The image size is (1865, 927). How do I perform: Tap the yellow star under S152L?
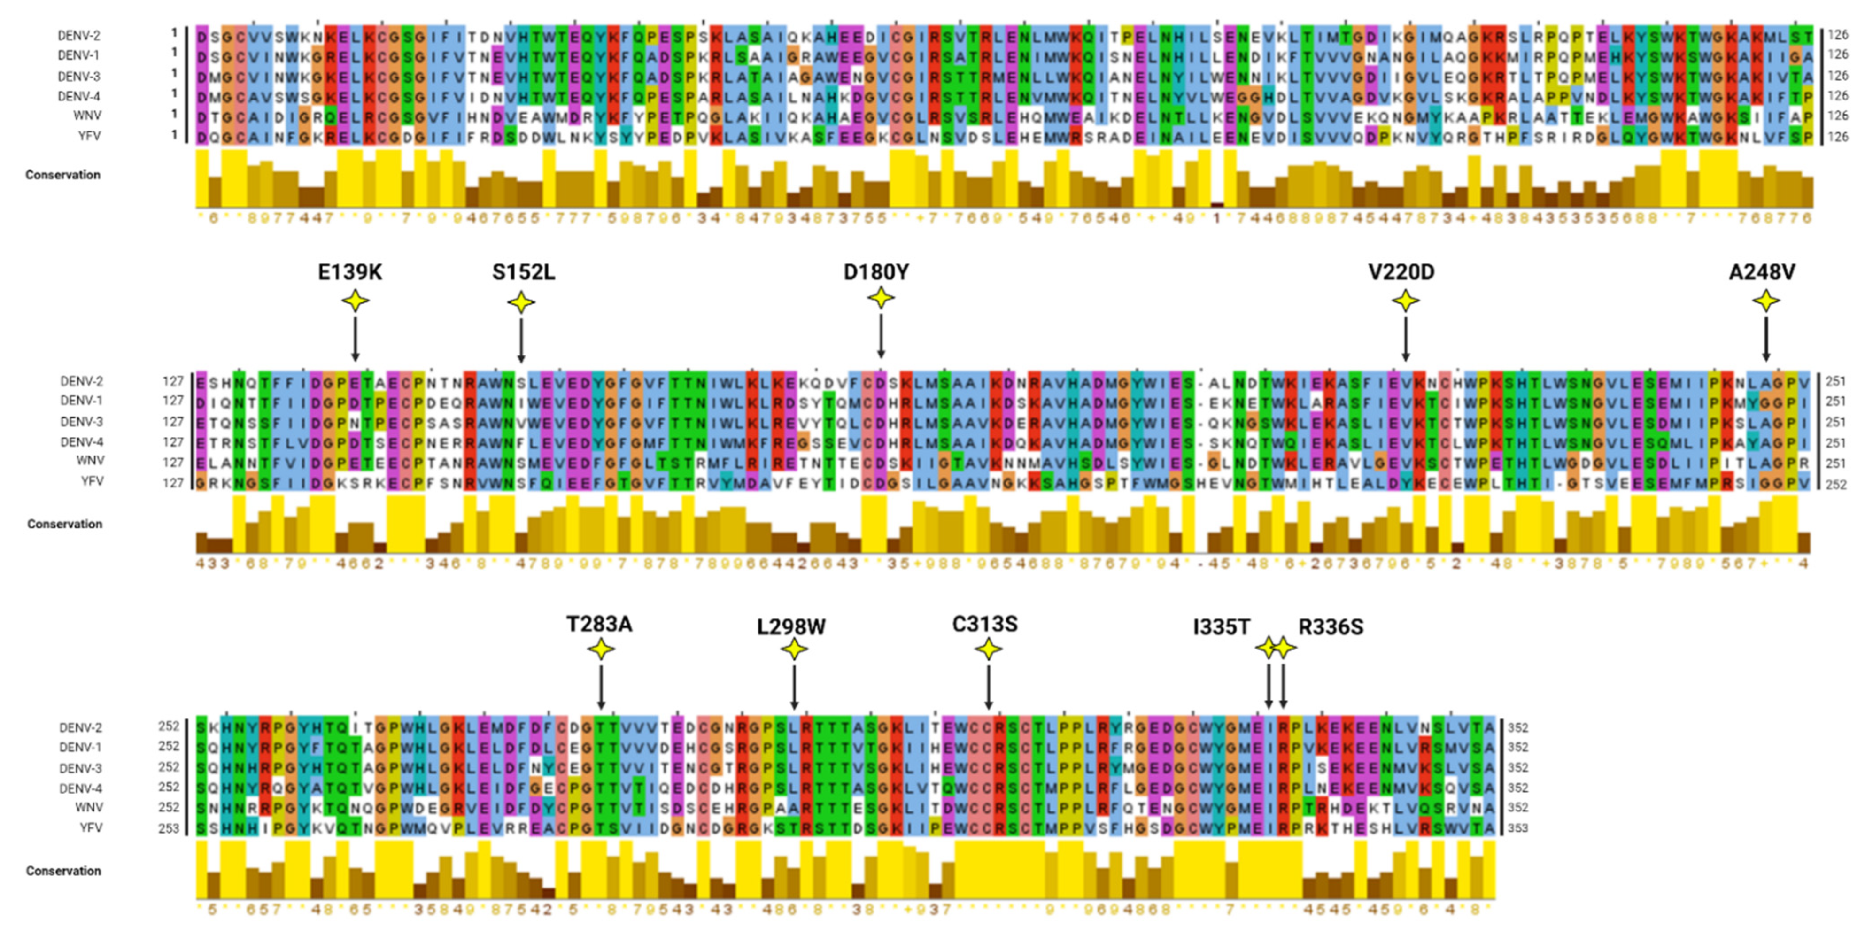click(521, 302)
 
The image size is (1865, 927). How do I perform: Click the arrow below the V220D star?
click(1405, 339)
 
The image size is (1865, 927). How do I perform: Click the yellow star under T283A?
click(601, 649)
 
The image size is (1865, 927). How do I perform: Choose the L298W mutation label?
click(790, 626)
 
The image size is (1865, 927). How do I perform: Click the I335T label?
click(1222, 626)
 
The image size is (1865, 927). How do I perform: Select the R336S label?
click(1331, 626)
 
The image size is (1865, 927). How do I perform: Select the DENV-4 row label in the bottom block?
click(80, 788)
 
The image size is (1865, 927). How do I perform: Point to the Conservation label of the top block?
click(62, 174)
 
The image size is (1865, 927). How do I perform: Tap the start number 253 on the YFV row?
click(169, 828)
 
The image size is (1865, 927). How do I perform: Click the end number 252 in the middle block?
click(1835, 484)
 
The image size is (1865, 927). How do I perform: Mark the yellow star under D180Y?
click(881, 297)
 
